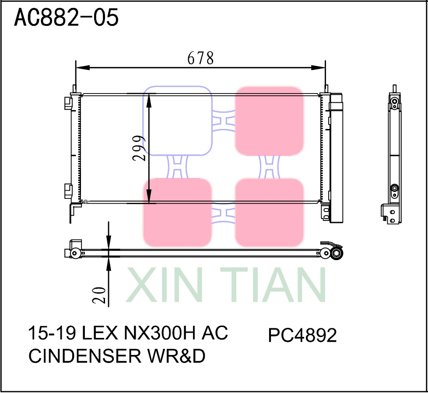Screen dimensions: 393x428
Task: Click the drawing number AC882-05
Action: (67, 18)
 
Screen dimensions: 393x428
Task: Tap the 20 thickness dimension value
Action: (99, 295)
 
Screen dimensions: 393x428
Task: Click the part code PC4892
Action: (302, 336)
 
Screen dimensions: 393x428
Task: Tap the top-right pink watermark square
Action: (269, 121)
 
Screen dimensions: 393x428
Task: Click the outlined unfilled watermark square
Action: (178, 121)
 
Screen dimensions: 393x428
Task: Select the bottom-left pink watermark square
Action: (178, 212)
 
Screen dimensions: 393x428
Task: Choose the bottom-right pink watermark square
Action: (269, 212)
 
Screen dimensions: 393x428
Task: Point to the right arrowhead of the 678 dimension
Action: (320, 67)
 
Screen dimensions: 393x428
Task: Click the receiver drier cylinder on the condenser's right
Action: (337, 157)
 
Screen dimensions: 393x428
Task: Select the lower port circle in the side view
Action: (394, 189)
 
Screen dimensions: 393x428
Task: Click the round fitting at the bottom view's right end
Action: (336, 254)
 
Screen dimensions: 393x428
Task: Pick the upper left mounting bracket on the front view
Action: (68, 103)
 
